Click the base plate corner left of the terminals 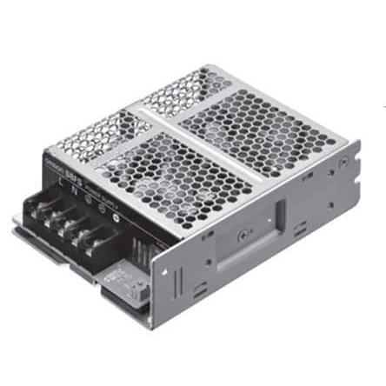[19, 228]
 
